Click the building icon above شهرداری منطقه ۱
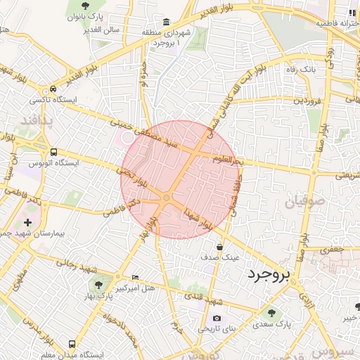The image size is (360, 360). click(165, 22)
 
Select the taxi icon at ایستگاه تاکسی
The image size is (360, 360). click(53, 90)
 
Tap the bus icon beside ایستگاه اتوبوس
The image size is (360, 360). click(53, 152)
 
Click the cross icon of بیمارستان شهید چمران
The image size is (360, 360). click(27, 222)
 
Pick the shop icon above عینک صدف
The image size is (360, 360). click(220, 247)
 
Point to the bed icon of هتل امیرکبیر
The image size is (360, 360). click(135, 278)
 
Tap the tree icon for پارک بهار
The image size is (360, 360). click(98, 285)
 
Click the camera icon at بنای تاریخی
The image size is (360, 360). click(216, 319)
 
